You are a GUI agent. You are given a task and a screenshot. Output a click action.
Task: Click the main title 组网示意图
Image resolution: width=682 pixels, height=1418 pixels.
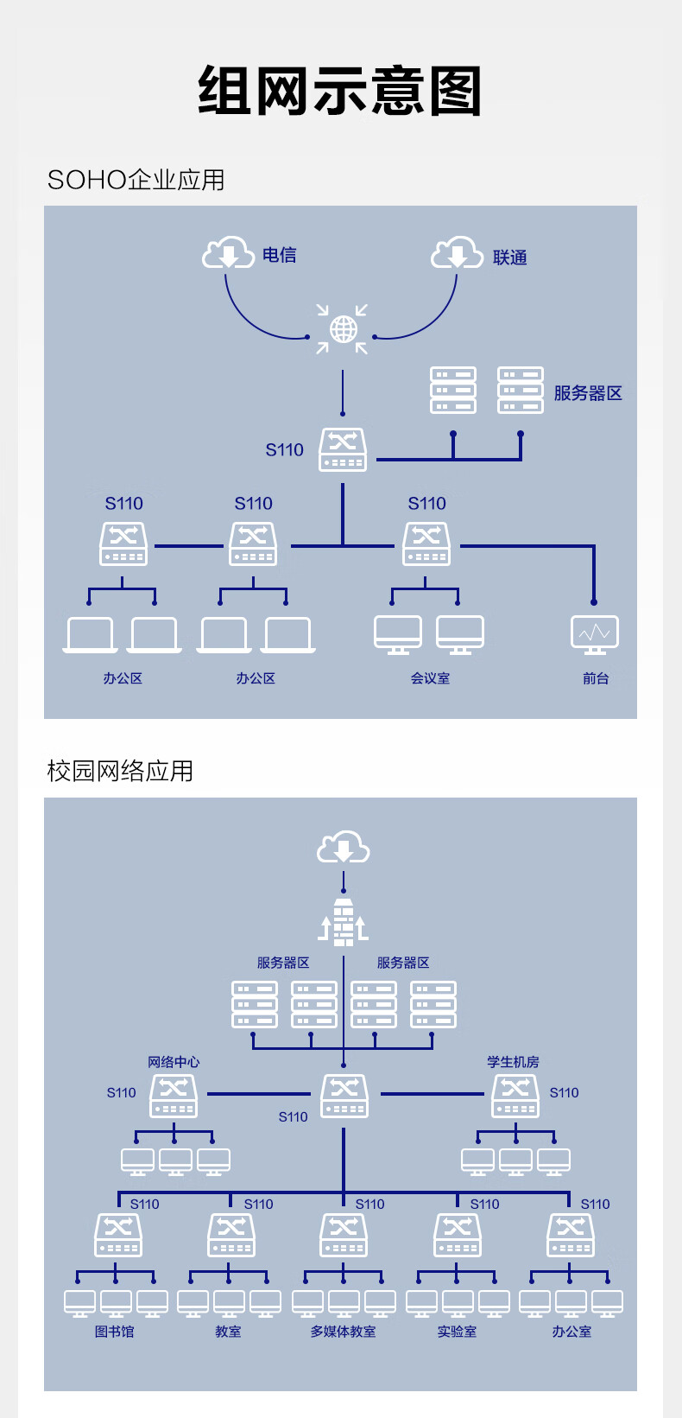coord(340,91)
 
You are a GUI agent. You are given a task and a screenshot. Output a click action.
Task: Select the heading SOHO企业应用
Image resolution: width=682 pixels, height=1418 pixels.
coord(136,180)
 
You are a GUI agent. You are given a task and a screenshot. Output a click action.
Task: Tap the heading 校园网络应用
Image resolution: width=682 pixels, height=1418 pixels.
coord(120,771)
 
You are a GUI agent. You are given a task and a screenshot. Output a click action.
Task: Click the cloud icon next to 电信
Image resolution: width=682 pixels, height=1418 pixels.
coord(228,252)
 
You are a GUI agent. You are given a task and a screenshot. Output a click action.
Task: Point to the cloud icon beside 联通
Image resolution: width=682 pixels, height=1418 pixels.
coord(457,253)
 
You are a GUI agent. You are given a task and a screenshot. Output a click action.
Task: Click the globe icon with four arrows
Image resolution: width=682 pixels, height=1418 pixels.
coord(343,328)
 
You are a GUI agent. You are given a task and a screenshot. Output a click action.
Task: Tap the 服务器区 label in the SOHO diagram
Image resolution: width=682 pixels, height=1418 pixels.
coord(588,393)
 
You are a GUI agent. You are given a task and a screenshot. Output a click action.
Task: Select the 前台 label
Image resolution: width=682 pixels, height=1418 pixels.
coord(596,678)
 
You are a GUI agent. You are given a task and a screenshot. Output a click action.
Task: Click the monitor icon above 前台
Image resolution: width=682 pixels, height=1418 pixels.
coord(595,634)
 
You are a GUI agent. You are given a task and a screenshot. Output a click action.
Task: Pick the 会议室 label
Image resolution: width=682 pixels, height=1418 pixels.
coord(430,678)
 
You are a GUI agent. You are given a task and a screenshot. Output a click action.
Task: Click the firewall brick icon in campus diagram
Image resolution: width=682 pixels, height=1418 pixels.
coord(344,922)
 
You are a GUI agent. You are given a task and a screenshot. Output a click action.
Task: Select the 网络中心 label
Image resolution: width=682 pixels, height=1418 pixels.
coord(174,1062)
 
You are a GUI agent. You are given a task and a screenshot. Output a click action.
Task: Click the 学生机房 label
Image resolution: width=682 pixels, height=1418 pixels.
coord(513,1062)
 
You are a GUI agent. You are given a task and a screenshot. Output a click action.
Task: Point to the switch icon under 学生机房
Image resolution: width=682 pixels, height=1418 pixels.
coord(515,1096)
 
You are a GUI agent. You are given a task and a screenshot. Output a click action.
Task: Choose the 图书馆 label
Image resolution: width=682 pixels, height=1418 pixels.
coord(115,1332)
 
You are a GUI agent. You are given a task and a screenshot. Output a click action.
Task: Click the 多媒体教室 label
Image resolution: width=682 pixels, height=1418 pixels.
coord(344,1332)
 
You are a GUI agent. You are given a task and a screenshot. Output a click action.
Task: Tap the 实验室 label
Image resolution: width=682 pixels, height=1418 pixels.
coord(457,1332)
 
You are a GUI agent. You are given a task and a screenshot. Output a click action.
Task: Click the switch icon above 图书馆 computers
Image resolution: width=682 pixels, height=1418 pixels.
coord(118,1235)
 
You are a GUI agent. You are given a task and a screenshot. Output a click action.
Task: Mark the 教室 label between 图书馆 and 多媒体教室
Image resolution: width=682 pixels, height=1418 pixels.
coord(229,1332)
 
